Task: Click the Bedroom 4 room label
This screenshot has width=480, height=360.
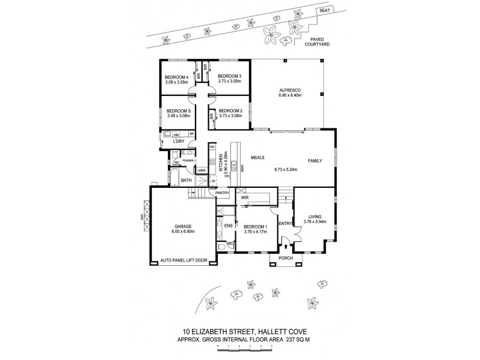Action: tap(176, 76)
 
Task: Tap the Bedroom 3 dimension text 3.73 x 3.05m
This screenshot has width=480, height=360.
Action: tap(230, 81)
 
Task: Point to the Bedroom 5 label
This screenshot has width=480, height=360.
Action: tap(178, 111)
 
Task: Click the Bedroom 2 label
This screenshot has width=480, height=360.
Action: tap(230, 111)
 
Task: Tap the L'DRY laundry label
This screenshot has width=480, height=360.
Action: tap(179, 141)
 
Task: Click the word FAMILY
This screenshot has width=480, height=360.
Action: tap(316, 161)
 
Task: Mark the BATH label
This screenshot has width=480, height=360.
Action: tap(186, 180)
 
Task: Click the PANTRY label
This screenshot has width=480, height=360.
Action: tap(223, 193)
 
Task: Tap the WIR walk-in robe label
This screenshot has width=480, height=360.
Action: tap(245, 197)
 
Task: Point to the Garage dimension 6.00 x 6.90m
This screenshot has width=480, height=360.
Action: tap(183, 231)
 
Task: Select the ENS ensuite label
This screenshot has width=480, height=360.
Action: tap(228, 226)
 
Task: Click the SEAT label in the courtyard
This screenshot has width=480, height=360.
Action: tap(324, 10)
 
